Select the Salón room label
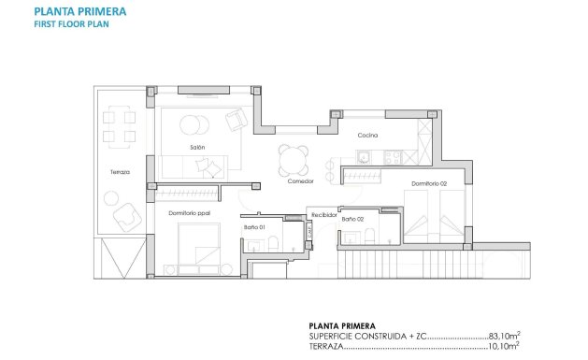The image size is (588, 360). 197,148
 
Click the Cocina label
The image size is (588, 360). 367,135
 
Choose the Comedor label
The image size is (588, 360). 301,181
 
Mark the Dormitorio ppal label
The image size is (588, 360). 189,213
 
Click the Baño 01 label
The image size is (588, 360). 255,227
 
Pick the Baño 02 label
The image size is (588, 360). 352,218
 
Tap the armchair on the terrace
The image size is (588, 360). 128,218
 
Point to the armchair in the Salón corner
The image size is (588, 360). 237,119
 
